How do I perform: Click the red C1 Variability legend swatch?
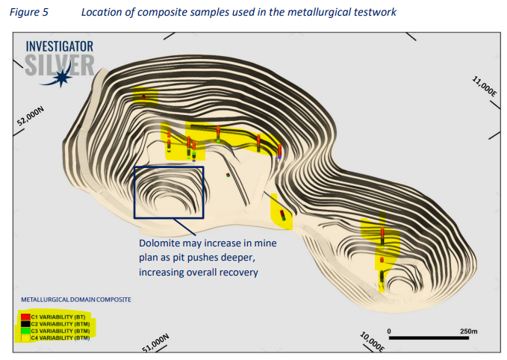(x=25, y=317)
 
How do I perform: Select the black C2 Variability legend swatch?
(x=25, y=324)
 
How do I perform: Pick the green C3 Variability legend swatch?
(x=25, y=331)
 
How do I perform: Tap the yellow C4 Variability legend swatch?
(x=25, y=338)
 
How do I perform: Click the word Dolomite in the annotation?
(x=161, y=244)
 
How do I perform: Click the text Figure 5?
(x=31, y=11)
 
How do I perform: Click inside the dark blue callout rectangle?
(x=169, y=192)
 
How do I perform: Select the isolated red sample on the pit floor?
(x=228, y=176)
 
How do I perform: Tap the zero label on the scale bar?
(x=389, y=330)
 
